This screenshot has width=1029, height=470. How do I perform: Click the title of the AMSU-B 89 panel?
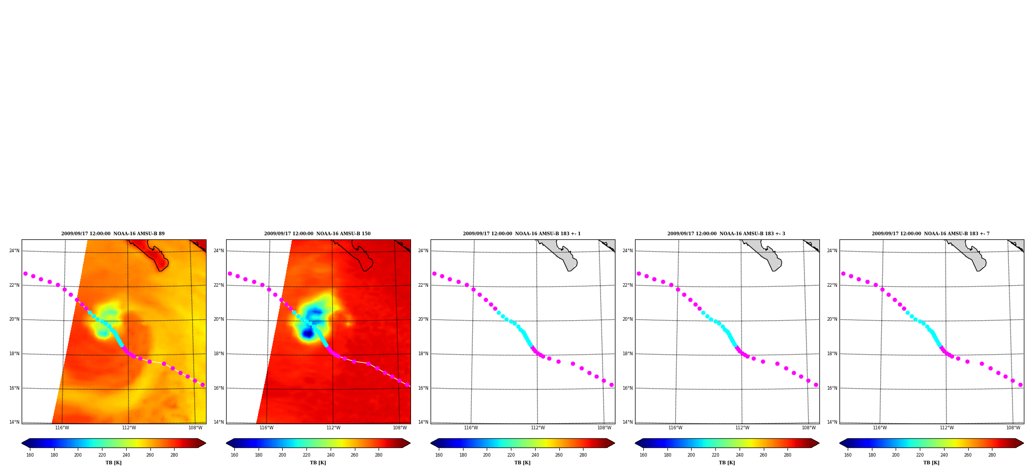pos(113,234)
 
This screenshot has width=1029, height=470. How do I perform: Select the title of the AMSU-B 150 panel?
pos(317,234)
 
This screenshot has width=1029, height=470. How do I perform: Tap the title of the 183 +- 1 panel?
pos(522,234)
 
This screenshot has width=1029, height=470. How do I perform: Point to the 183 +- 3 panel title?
pos(726,234)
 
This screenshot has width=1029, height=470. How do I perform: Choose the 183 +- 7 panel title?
pos(931,234)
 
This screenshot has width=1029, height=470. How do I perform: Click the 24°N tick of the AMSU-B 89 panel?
pos(14,251)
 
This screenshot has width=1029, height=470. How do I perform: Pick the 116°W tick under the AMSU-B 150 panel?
pos(266,428)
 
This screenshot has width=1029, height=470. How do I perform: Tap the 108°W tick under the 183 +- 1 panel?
pos(604,428)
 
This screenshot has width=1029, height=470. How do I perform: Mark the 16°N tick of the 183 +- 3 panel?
pos(628,388)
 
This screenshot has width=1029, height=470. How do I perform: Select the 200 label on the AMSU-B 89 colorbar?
pos(78,455)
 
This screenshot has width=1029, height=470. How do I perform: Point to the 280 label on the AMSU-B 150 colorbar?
pos(379,455)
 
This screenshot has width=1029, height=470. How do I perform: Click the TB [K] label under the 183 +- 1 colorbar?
pos(522,463)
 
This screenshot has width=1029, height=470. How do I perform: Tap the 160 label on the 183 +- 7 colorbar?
pos(848,455)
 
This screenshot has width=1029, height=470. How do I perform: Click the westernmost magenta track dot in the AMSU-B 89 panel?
pos(25,274)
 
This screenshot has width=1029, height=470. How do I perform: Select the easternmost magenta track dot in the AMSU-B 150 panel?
pos(407,385)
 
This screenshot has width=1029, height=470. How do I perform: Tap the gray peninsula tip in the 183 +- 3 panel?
pos(775,269)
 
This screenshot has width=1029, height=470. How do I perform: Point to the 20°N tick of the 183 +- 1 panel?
pos(423,319)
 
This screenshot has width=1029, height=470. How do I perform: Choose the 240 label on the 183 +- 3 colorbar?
pos(740,455)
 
